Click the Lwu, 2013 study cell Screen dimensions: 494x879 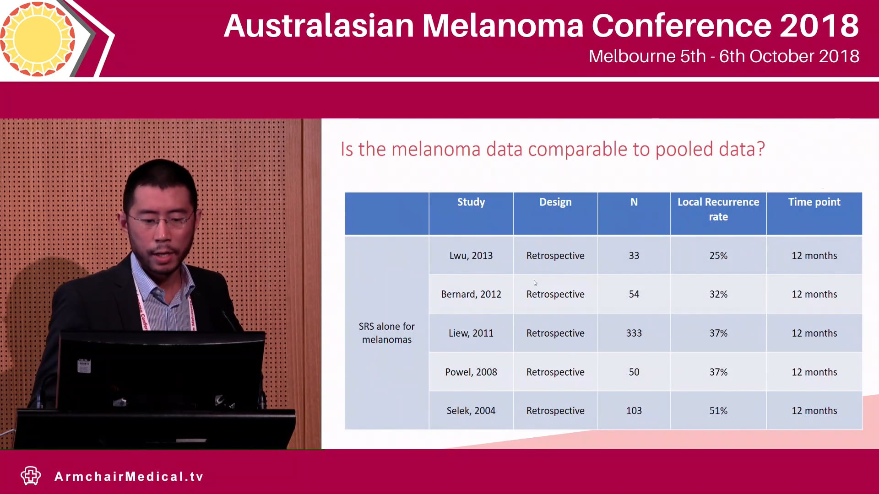pos(471,256)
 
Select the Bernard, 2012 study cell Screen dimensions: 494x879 pos(471,295)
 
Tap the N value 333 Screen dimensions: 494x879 pos(634,333)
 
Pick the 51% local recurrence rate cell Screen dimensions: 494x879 pos(718,411)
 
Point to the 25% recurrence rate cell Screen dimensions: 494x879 pos(718,256)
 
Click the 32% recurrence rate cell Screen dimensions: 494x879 pos(718,295)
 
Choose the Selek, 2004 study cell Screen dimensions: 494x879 pos(471,411)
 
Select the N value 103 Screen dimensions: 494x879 pos(634,411)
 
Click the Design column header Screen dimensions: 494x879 pos(555,202)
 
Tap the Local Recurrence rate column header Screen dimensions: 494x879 pos(718,209)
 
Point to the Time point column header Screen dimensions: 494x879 pos(814,202)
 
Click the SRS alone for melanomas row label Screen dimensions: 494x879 pos(386,333)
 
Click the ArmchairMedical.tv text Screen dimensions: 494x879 pos(129,477)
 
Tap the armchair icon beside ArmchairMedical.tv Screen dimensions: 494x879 pos(31,476)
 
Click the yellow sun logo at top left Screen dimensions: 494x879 pos(38,39)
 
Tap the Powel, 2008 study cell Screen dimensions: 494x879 pos(471,372)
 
